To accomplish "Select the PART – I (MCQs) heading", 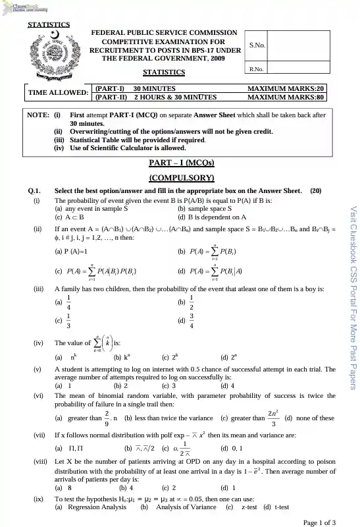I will click(x=180, y=163).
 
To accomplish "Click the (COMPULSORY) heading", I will click(x=180, y=177).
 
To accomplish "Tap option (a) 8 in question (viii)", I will click(x=64, y=487).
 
